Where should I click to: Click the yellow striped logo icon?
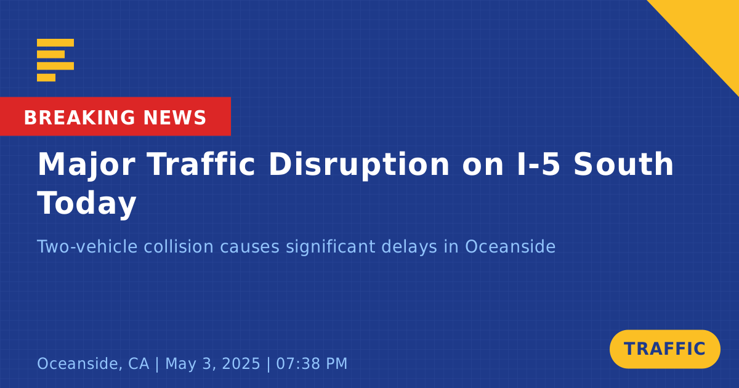click(x=55, y=60)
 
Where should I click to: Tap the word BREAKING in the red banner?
click(x=79, y=118)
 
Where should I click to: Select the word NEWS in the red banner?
click(x=175, y=118)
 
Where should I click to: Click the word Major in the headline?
click(x=86, y=166)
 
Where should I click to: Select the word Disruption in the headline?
click(x=359, y=166)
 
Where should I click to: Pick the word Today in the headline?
click(x=87, y=204)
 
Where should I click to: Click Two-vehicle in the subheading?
click(x=87, y=246)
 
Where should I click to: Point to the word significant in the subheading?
click(x=330, y=246)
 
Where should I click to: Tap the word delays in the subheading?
click(x=409, y=248)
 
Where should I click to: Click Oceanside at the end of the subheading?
click(x=510, y=246)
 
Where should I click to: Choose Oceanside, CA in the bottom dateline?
click(x=93, y=364)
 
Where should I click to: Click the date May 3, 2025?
click(x=212, y=364)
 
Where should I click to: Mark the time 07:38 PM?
click(x=312, y=363)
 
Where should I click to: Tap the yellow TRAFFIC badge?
click(x=664, y=349)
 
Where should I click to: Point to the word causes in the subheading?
click(x=250, y=246)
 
